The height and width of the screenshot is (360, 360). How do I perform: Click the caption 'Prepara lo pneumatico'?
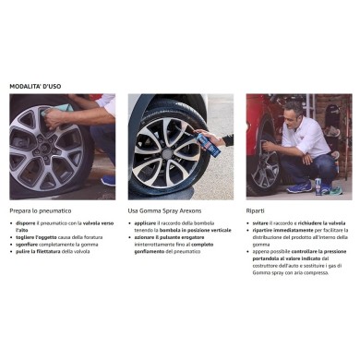tap(42, 210)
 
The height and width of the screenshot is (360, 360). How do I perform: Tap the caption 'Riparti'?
tap(256, 210)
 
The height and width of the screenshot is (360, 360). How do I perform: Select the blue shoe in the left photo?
tap(108, 181)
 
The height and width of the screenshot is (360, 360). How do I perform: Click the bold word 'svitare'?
tap(261, 222)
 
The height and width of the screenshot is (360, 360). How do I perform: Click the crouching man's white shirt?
tap(306, 138)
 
